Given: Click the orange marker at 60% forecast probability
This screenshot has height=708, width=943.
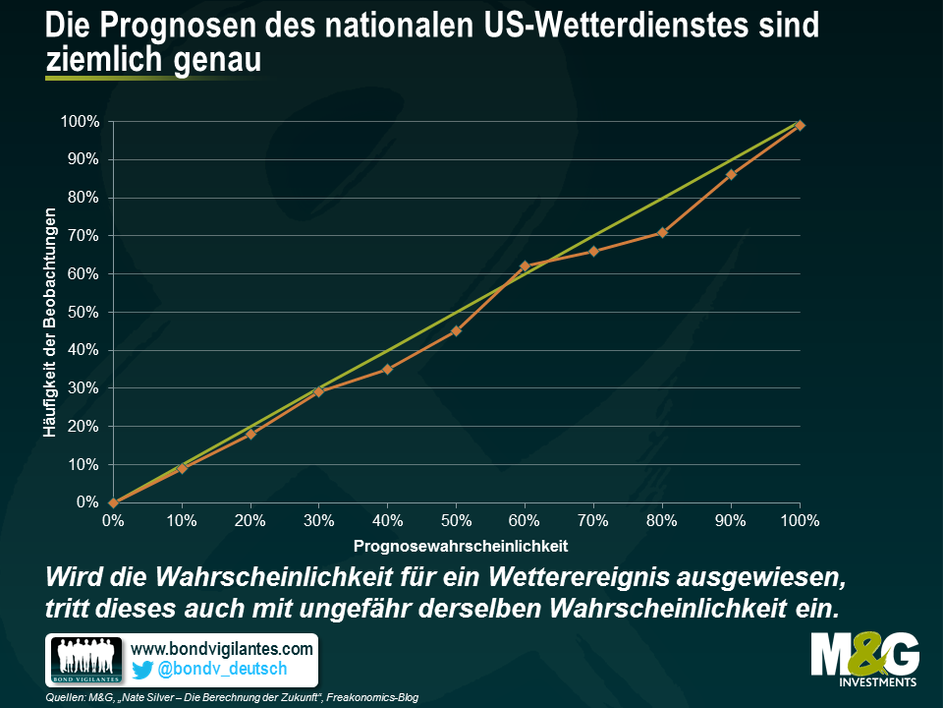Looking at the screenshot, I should point(525,266).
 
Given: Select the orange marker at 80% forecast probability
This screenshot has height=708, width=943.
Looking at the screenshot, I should point(662,232).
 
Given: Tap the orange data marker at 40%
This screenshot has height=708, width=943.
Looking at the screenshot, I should point(387,369).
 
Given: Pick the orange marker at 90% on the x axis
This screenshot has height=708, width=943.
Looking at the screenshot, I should point(731,175).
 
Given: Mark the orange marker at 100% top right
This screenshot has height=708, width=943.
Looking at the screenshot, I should point(800,125).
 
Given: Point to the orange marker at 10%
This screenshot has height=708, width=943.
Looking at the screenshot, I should point(182,468).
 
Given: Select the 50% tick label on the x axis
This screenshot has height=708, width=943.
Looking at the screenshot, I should point(456,520).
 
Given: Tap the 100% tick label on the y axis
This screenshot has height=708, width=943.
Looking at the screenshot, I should point(80,122).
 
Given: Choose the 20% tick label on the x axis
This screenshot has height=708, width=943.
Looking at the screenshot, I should point(250,520).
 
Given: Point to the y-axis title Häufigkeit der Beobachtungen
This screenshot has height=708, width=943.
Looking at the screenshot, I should point(49,313).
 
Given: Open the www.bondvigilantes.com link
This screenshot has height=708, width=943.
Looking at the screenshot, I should point(221,649).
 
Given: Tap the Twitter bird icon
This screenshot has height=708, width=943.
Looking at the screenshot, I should point(142,670).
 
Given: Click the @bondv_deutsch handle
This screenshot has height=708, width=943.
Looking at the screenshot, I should point(224,670).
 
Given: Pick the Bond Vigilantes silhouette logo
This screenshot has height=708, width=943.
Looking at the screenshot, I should point(86,660).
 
